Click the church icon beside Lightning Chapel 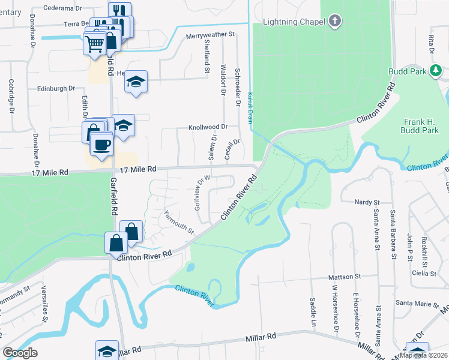(335, 22)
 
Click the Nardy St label (367, 203)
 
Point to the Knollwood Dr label (208, 127)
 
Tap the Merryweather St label (210, 35)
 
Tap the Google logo (20, 353)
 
